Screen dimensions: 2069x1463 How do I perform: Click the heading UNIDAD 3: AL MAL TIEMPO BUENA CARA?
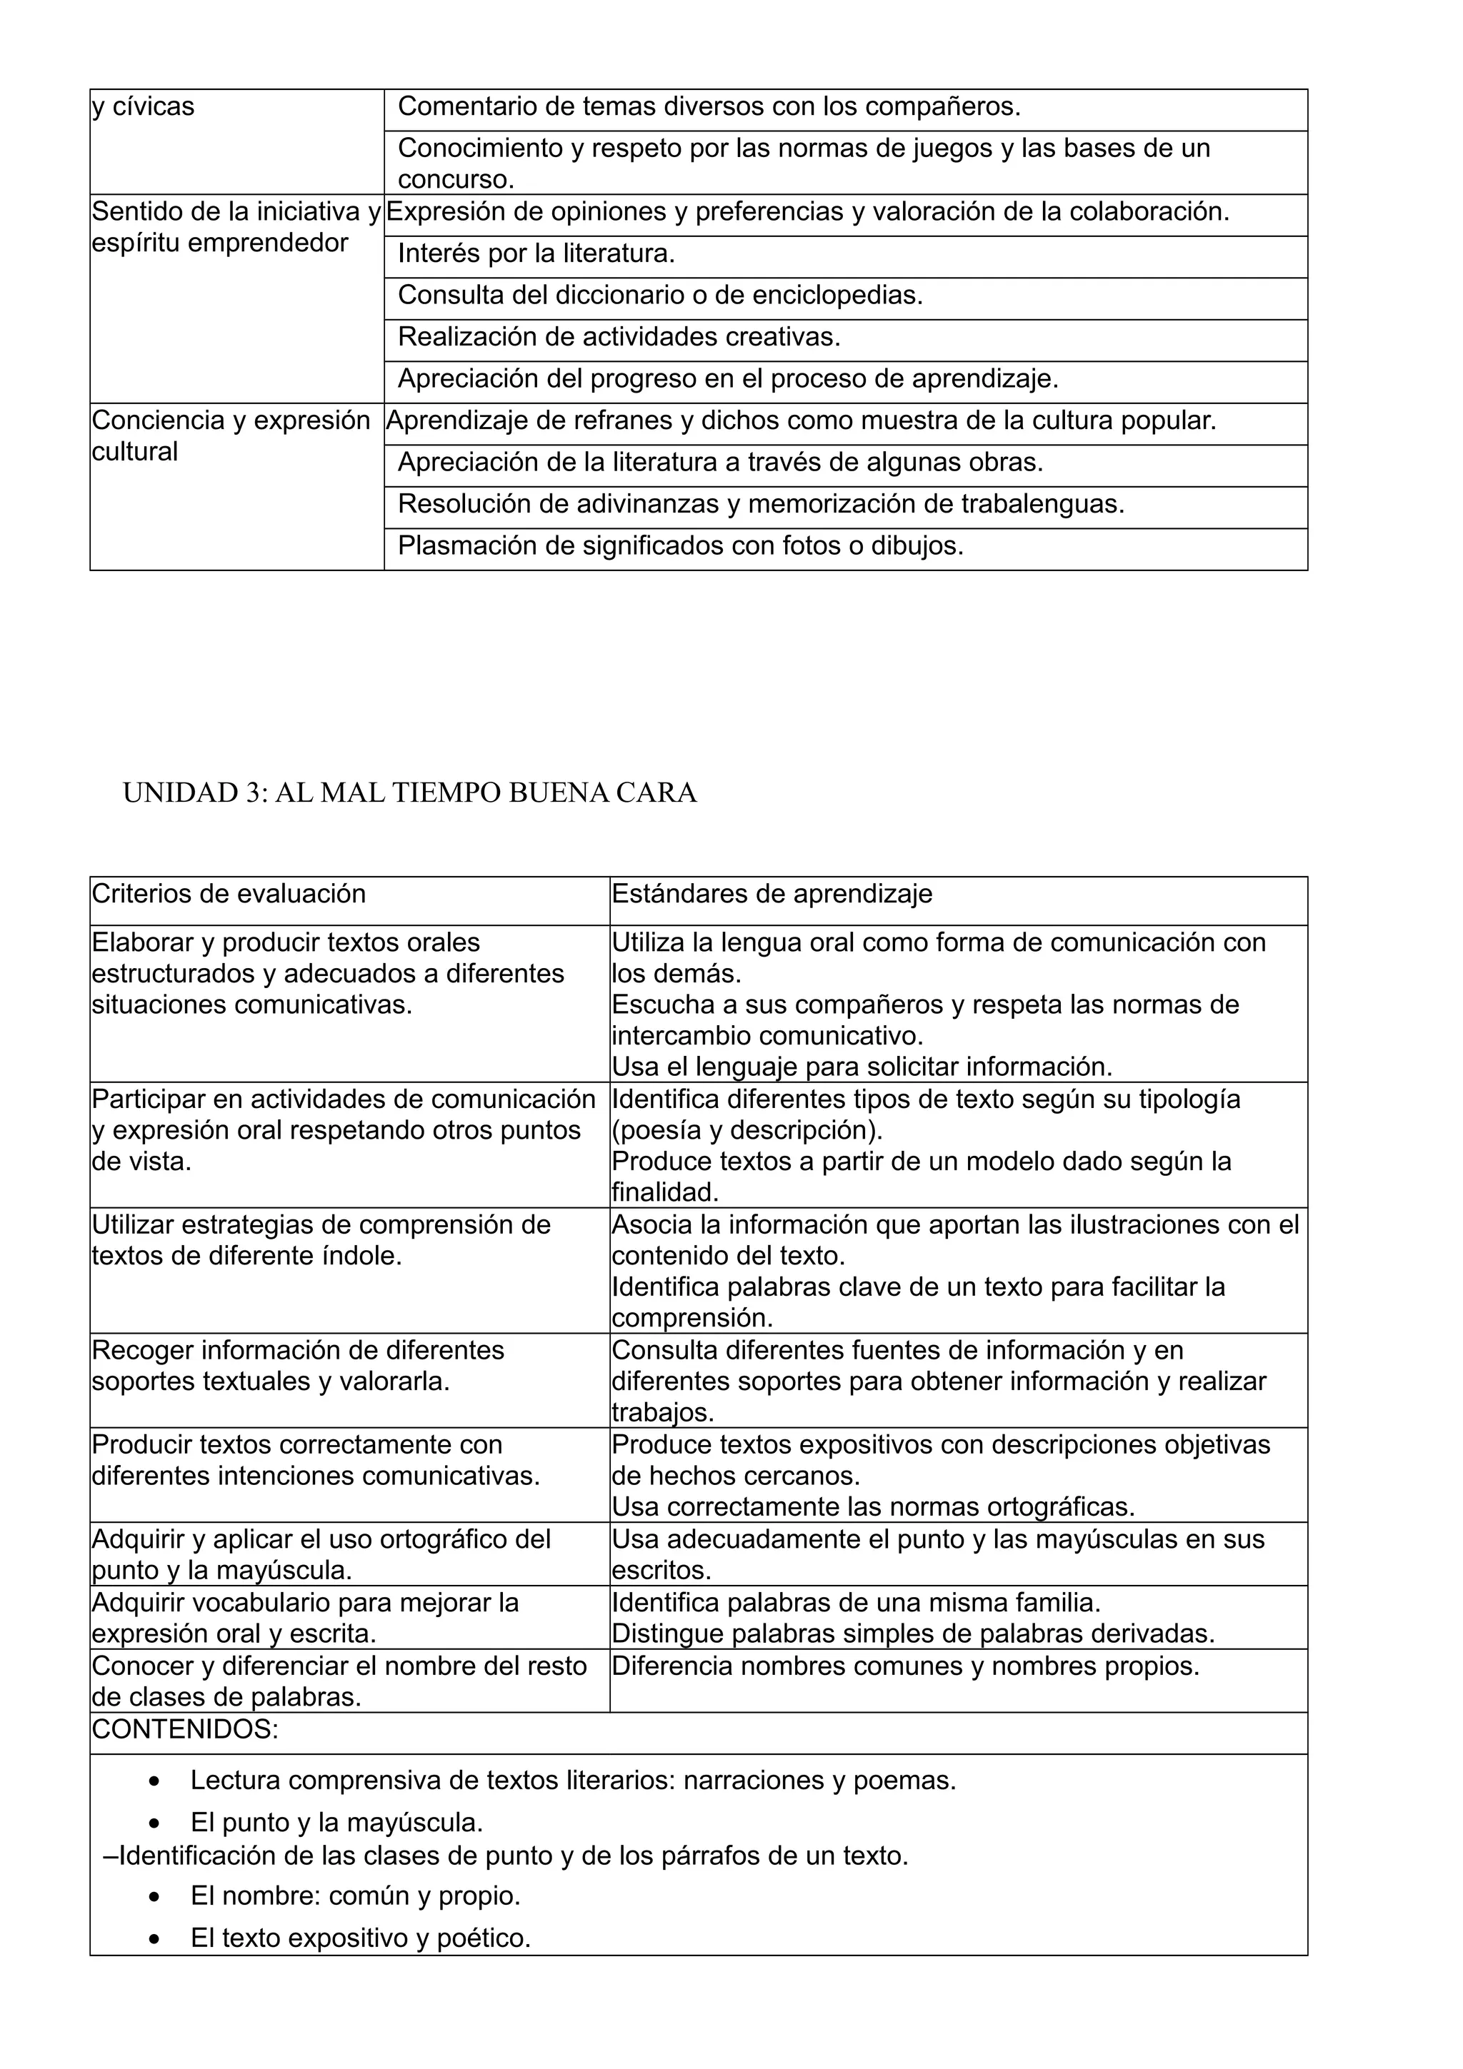pyautogui.click(x=409, y=793)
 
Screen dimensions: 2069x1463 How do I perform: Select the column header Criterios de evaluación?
pyautogui.click(x=229, y=894)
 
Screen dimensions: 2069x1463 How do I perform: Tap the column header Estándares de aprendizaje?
pyautogui.click(x=772, y=894)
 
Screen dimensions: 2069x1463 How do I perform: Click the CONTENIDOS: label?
pyautogui.click(x=186, y=1729)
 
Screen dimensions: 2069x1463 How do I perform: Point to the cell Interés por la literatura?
pyautogui.click(x=536, y=254)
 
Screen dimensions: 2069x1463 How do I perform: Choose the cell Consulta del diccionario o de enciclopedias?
pyautogui.click(x=660, y=296)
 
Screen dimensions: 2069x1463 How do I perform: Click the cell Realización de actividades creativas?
pyautogui.click(x=619, y=337)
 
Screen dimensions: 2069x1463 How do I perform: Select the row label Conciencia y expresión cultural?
pyautogui.click(x=231, y=436)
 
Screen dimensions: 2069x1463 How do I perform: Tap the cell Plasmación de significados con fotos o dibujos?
pyautogui.click(x=681, y=546)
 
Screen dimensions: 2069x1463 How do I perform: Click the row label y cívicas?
pyautogui.click(x=144, y=107)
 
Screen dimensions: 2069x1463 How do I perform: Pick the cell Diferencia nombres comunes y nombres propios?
pyautogui.click(x=905, y=1666)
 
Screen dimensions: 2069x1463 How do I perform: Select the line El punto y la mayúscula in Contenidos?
pyautogui.click(x=336, y=1823)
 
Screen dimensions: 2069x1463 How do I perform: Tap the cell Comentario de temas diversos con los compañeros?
pyautogui.click(x=709, y=107)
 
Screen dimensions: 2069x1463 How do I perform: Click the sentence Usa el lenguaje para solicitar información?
pyautogui.click(x=862, y=1067)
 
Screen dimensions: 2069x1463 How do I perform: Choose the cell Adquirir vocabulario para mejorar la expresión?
pyautogui.click(x=306, y=1619)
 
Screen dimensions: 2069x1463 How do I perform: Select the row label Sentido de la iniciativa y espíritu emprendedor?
pyautogui.click(x=236, y=227)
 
